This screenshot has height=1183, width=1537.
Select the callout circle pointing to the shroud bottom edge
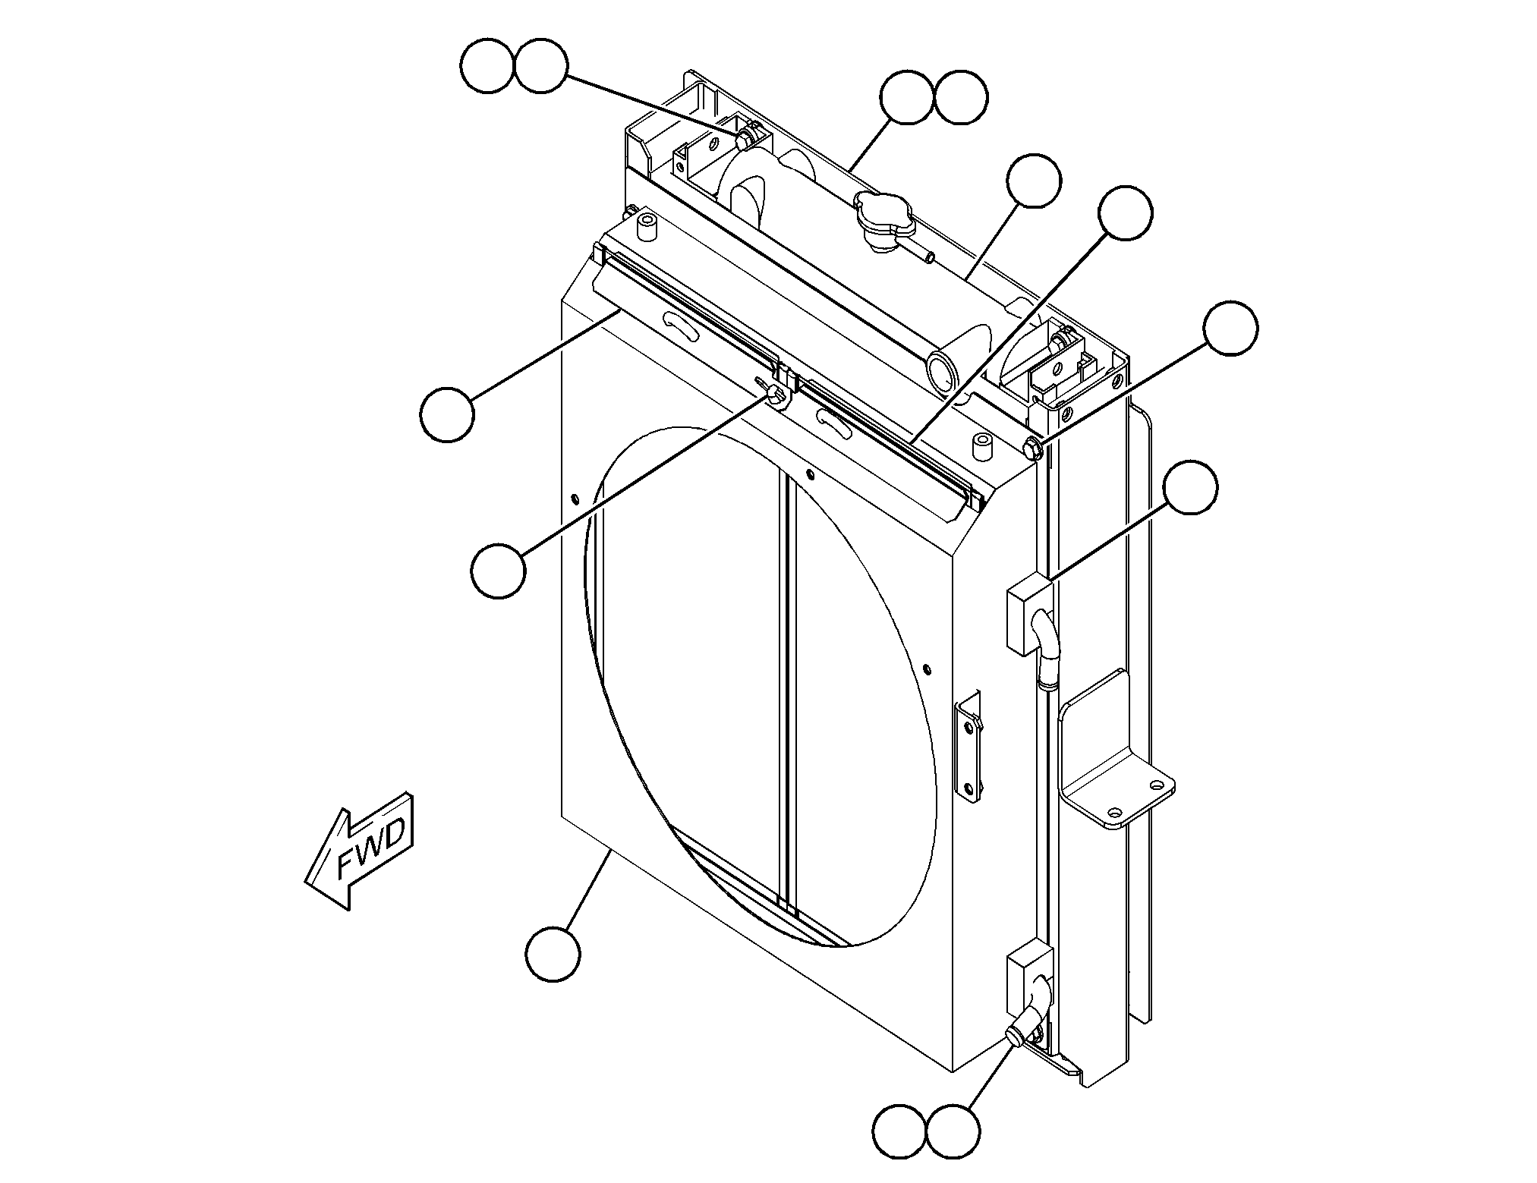[x=553, y=953]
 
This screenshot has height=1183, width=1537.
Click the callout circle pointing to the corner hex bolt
[x=1230, y=327]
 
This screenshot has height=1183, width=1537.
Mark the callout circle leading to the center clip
[x=498, y=571]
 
